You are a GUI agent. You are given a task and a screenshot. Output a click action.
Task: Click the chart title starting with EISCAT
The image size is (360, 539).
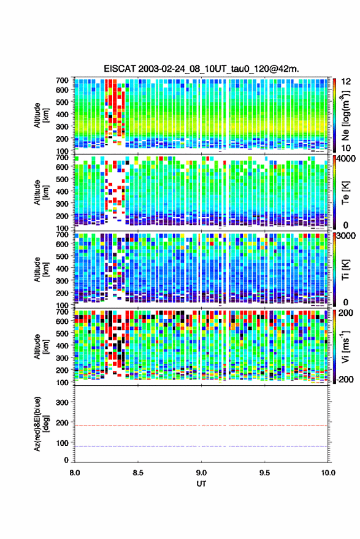[201, 69]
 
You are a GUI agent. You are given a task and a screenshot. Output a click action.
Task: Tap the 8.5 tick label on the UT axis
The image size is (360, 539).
[138, 473]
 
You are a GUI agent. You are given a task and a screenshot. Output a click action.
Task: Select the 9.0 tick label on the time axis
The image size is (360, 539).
[201, 473]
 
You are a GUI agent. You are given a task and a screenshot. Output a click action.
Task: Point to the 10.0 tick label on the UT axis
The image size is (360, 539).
[328, 473]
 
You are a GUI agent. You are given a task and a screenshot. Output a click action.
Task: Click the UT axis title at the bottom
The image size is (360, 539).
[201, 484]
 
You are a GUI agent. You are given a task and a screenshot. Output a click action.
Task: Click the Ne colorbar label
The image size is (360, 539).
[345, 115]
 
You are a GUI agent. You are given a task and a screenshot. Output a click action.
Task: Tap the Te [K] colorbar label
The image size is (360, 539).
[345, 193]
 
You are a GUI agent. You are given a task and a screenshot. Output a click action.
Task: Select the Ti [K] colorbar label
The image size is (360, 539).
[345, 270]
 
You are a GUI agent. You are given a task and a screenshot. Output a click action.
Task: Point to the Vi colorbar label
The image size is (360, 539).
[345, 346]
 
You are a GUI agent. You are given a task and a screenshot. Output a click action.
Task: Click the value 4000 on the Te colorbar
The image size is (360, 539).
[346, 159]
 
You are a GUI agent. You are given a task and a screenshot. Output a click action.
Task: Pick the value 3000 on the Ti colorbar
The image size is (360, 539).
[346, 236]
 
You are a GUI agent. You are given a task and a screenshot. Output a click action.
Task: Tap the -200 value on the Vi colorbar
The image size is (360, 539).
[345, 379]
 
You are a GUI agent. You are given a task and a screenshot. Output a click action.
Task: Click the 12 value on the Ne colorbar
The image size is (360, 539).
[346, 82]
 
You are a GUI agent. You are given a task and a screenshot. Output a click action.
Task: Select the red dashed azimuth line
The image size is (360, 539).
[201, 426]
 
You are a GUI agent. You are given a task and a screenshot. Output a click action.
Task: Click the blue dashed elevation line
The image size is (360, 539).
[201, 446]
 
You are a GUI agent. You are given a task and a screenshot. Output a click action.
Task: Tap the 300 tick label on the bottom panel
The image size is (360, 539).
[62, 402]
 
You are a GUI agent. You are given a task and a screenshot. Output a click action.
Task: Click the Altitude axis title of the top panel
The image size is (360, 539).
[41, 115]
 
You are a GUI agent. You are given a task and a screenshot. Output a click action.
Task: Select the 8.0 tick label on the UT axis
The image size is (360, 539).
[75, 473]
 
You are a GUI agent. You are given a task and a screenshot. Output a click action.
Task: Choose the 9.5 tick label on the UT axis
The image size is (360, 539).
[264, 473]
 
